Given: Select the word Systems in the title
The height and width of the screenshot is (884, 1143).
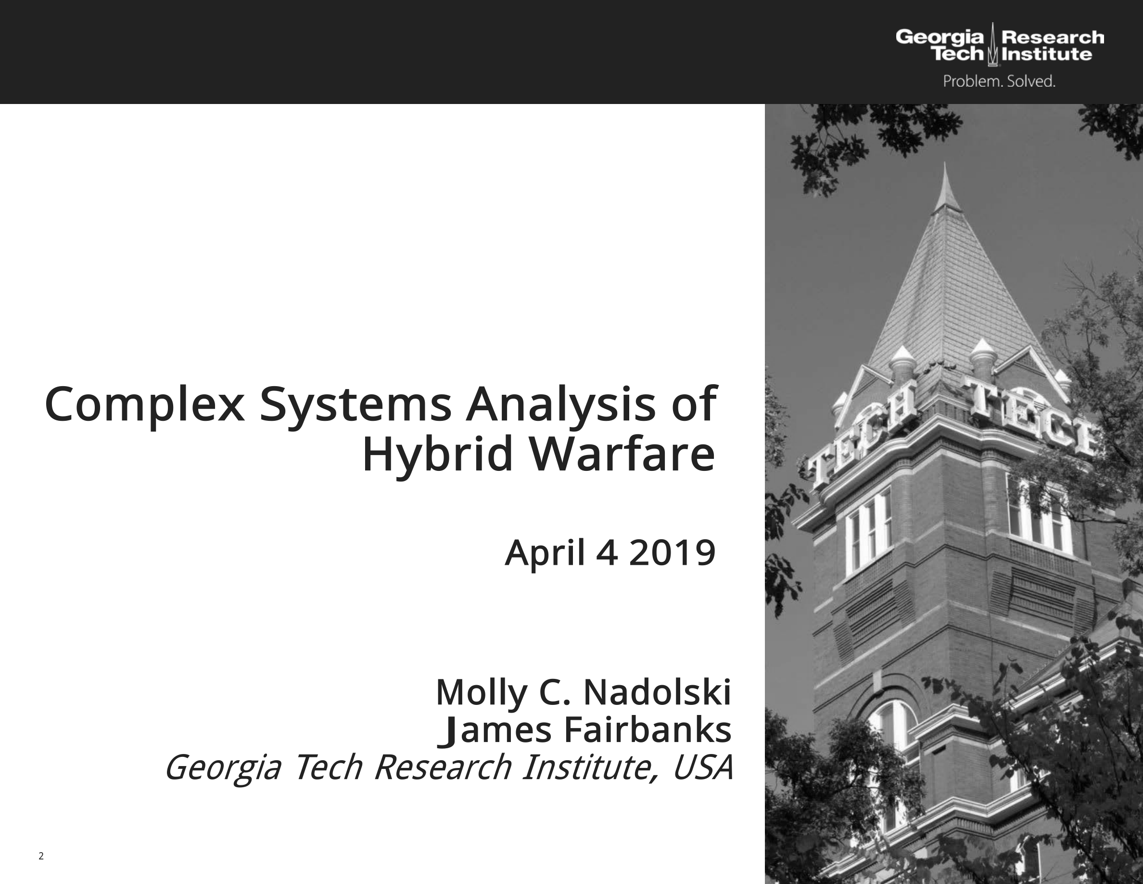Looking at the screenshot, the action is click(356, 406).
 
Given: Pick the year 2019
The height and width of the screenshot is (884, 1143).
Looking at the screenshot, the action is click(672, 553).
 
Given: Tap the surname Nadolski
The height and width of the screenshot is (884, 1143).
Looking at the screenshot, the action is click(657, 692).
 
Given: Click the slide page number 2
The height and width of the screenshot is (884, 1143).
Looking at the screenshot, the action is click(41, 856).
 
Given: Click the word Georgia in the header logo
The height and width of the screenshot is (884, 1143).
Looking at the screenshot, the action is click(940, 37).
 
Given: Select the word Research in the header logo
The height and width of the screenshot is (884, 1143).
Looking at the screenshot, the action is click(1053, 37).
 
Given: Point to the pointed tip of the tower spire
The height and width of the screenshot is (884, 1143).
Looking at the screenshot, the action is click(945, 163).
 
